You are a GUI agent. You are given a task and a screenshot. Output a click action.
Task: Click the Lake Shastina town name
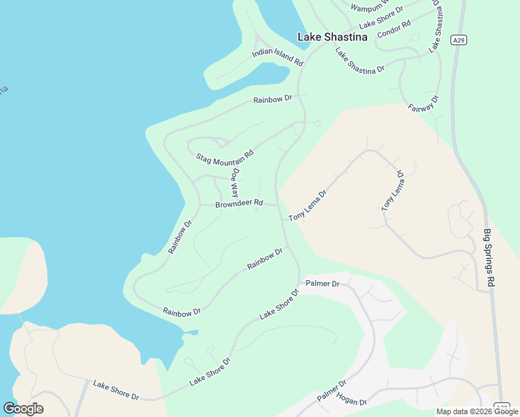pos(332,37)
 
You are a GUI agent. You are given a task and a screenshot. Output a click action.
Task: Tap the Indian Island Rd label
pos(278,57)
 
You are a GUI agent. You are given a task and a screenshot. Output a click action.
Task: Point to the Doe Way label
pos(235,183)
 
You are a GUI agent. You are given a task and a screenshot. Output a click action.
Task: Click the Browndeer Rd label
pos(239,204)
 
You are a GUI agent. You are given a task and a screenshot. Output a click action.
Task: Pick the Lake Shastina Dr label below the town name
pos(359,60)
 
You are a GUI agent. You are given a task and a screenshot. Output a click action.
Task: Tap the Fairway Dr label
pos(424,104)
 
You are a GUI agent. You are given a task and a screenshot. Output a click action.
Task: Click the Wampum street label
pos(366,8)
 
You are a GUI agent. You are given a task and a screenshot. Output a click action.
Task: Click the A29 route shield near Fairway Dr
pos(457,40)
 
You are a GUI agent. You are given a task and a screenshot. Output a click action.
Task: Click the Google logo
pos(23,408)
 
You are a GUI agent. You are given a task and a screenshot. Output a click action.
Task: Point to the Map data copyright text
pos(476,411)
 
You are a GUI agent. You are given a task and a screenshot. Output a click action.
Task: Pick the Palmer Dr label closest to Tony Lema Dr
pos(323,284)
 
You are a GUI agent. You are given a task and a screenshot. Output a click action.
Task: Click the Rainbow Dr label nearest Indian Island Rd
pos(273,99)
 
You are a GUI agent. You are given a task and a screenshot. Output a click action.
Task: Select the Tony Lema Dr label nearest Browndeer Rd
pos(307,206)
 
